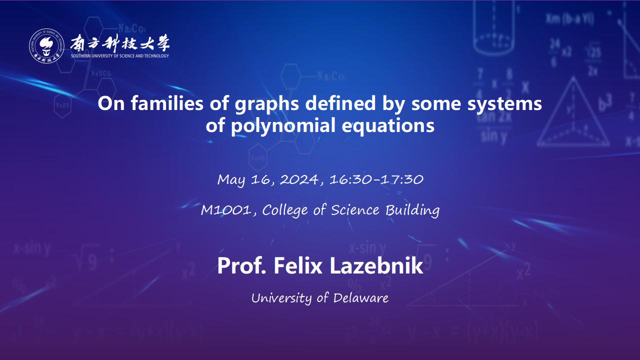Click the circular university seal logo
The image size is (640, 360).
46,45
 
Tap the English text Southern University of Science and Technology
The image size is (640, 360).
120,55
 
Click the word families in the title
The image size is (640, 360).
167,103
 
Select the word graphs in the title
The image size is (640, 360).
267,104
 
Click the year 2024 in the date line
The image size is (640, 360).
299,179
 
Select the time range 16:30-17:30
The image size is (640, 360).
376,179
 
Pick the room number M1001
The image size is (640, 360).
226,210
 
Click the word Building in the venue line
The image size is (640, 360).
412,210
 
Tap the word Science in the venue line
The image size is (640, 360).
355,210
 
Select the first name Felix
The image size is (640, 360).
298,265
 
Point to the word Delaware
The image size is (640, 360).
361,298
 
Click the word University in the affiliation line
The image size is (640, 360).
281,298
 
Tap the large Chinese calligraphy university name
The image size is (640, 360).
120,43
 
